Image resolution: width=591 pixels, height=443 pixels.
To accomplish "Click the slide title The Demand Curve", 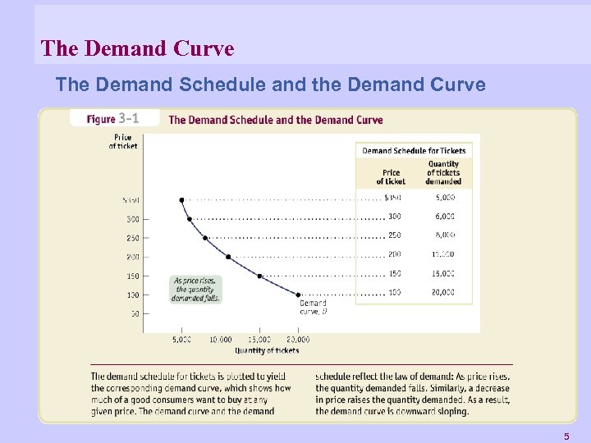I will tap(137, 49).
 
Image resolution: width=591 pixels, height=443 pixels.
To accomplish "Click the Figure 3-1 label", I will tap(113, 119).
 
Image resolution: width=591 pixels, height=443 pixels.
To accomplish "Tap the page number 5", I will tap(566, 436).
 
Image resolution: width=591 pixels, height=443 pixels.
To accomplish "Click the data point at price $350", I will tap(182, 199).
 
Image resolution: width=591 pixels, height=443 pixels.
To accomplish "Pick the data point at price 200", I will tap(228, 257).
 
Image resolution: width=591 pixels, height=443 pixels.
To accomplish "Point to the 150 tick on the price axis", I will tap(132, 276).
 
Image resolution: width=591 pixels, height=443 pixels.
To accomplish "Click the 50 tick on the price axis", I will tap(133, 313).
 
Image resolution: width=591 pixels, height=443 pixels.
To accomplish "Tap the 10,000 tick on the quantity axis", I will tap(220, 340).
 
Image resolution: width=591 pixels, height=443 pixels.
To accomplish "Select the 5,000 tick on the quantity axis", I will tap(181, 340).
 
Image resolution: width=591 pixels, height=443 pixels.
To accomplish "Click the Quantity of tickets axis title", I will tap(267, 351).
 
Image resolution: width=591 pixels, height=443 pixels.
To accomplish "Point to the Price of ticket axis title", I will tap(123, 142).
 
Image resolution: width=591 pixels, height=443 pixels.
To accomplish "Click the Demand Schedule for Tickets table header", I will tap(414, 151).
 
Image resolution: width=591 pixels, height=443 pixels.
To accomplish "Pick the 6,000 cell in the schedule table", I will tap(443, 217).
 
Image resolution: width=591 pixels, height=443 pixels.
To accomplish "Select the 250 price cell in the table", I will tap(394, 235).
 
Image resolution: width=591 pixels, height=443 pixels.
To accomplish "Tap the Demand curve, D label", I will tap(313, 308).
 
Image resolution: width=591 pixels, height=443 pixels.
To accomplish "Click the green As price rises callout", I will tap(195, 289).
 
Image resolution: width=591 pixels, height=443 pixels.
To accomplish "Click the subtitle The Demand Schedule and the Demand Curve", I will tap(270, 84).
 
